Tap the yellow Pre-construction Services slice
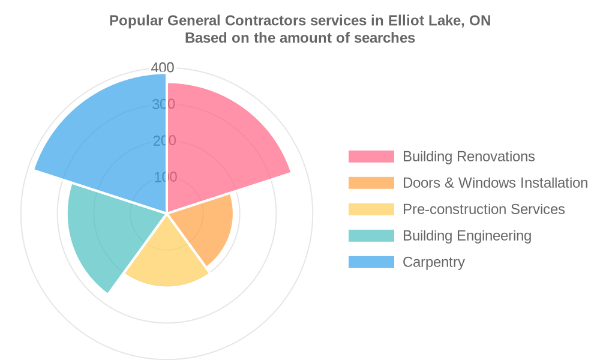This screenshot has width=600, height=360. tap(168, 258)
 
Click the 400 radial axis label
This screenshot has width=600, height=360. tap(163, 68)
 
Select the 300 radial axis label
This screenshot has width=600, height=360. tap(163, 104)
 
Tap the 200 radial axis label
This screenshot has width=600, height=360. tap(163, 141)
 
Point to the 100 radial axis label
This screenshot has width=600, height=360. tap(164, 177)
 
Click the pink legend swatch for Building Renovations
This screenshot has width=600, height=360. tap(371, 157)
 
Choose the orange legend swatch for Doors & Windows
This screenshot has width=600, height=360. tap(371, 183)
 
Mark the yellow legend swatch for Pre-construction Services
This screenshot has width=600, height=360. tap(371, 209)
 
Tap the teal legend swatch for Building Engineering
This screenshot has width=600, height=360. tap(371, 236)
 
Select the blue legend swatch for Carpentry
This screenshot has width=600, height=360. tap(371, 262)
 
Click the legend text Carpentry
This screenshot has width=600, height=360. tap(433, 262)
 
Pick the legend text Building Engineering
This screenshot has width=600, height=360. tap(467, 236)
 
